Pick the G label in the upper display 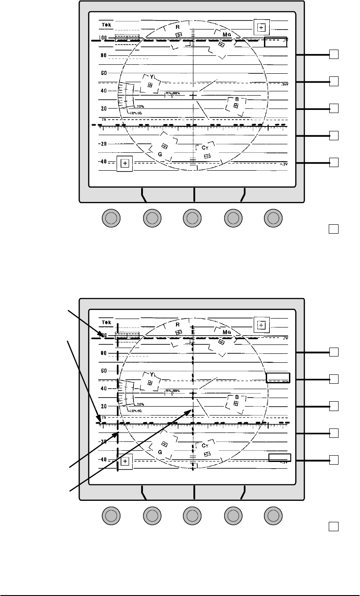pos(159,154)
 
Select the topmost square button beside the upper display pos(333,55)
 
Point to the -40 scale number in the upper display pos(103,162)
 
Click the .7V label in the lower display pos(285,339)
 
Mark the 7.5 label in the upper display pos(104,120)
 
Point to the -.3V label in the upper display pos(283,165)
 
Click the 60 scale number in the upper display pos(103,73)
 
